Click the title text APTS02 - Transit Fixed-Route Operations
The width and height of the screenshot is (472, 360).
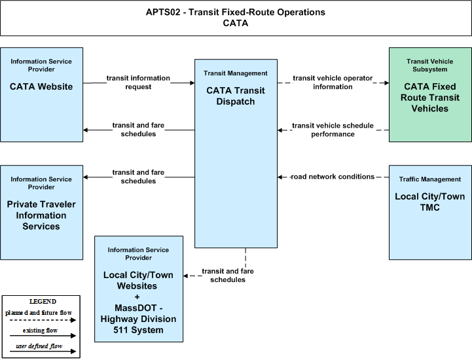tap(236, 12)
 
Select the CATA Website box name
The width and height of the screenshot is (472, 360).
tap(41, 86)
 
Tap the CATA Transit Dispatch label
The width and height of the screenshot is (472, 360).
tap(236, 96)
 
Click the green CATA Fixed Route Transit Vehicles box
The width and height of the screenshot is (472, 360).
tap(430, 94)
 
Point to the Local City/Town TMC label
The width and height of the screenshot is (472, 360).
tap(430, 202)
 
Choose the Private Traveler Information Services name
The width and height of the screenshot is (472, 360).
tap(41, 215)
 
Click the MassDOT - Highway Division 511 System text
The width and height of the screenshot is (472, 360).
tap(139, 319)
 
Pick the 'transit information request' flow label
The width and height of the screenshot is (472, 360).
tap(138, 82)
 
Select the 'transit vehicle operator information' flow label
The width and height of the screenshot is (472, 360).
tap(333, 82)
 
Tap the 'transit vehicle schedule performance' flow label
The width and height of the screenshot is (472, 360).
tap(333, 130)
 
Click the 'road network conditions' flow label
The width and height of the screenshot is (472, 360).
tap(333, 177)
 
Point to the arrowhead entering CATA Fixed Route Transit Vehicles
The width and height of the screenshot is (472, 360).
tap(386, 82)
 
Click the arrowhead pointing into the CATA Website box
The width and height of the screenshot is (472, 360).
tap(86, 130)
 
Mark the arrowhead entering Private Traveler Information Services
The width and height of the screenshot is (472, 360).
tap(86, 177)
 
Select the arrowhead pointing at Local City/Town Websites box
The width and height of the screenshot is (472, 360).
tap(186, 276)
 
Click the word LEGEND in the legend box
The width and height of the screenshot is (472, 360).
tap(43, 301)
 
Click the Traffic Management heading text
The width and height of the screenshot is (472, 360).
tap(430, 179)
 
